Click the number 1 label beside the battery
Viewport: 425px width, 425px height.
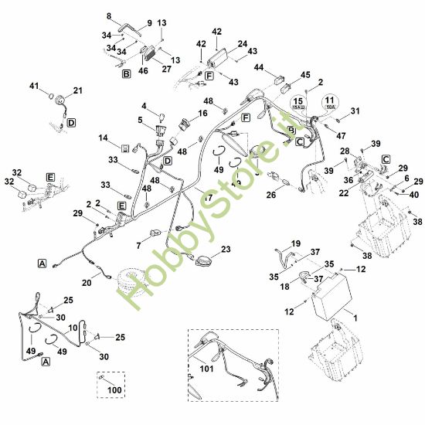click(x=355, y=318)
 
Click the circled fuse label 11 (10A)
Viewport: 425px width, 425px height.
click(x=330, y=104)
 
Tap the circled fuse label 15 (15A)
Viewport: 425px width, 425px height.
click(x=297, y=104)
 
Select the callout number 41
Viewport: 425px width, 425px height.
click(x=33, y=85)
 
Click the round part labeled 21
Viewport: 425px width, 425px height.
click(x=56, y=98)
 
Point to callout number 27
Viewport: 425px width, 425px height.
click(x=166, y=68)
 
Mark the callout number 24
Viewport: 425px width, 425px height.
click(x=242, y=44)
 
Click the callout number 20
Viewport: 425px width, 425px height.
click(x=87, y=283)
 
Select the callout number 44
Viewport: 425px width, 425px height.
click(x=260, y=68)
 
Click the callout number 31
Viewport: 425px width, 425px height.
click(x=355, y=111)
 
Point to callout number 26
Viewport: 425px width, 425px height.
click(x=271, y=195)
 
